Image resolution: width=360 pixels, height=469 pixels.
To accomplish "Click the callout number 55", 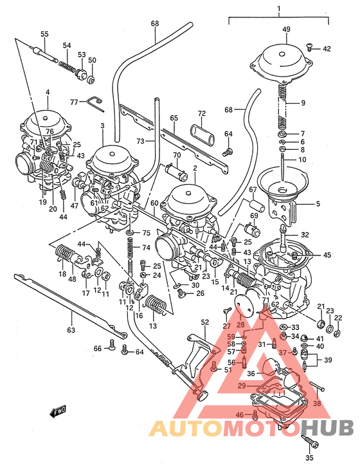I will click(44, 33).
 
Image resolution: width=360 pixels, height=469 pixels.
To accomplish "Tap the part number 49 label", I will click(287, 29).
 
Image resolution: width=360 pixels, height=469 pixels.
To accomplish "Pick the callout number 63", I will click(71, 330).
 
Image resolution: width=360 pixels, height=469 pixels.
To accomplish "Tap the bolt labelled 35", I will click(311, 444).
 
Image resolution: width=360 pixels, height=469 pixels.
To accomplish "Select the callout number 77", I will click(74, 102).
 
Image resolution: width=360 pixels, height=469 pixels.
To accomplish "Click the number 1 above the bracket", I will click(278, 9).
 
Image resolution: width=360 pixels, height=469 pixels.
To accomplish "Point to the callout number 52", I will click(205, 322).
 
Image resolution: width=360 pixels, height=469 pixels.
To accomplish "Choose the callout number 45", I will click(327, 255).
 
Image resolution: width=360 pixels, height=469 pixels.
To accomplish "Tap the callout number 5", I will click(317, 205).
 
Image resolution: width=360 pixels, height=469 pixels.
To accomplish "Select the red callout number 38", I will click(317, 403).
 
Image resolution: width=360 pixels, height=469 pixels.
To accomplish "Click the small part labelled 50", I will click(91, 80).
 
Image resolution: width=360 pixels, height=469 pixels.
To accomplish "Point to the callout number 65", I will click(174, 118).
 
